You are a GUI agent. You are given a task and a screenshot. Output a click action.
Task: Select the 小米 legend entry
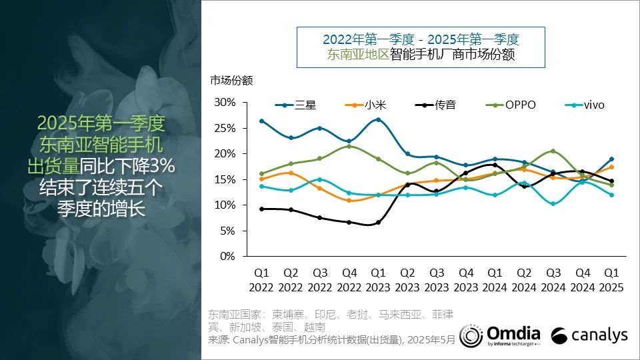click(363, 105)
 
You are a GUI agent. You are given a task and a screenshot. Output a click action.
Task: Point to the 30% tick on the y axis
click(225, 102)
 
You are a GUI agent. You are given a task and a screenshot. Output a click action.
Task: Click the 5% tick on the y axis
click(228, 231)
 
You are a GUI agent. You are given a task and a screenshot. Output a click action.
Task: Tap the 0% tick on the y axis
click(228, 256)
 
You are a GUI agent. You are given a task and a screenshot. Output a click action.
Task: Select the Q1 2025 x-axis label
click(611, 281)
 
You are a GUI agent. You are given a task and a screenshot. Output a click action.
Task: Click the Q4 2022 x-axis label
click(349, 281)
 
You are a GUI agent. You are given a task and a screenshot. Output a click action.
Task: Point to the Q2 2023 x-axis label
click(407, 281)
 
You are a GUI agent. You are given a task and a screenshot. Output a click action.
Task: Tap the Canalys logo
click(590, 335)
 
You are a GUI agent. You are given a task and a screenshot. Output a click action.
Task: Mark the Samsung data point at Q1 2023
click(378, 120)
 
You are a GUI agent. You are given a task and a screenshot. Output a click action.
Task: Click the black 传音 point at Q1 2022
click(261, 209)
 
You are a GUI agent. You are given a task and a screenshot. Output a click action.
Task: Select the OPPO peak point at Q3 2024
click(553, 151)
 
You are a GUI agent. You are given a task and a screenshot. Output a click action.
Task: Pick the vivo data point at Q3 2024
click(553, 203)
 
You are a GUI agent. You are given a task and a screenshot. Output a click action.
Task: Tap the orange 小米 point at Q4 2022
click(349, 200)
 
